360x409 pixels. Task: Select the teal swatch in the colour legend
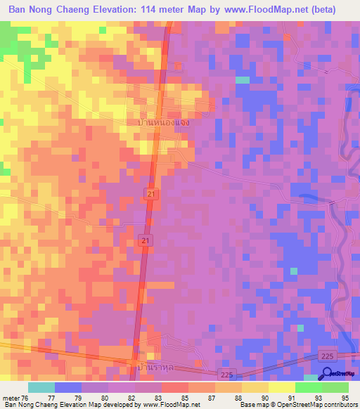tap(41, 387)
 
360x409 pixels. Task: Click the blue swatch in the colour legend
tap(68, 387)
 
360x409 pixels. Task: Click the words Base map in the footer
tap(251, 405)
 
